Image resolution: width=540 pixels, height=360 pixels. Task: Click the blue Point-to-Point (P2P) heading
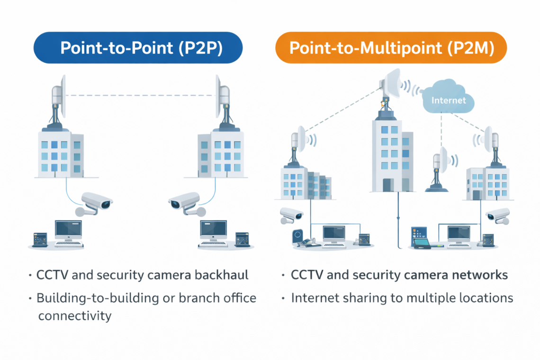click(x=138, y=48)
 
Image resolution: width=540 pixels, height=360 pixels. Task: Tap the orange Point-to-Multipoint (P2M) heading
click(x=391, y=48)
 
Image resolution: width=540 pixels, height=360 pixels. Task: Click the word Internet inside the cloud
click(x=449, y=100)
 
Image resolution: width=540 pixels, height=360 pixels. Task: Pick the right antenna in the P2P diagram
click(x=222, y=97)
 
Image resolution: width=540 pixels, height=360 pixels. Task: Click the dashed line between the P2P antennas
click(x=140, y=96)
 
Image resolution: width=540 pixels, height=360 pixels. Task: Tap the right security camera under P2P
click(x=185, y=203)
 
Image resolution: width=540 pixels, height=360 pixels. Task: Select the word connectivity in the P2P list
click(x=74, y=315)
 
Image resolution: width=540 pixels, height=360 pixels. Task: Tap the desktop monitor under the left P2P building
click(x=68, y=230)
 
